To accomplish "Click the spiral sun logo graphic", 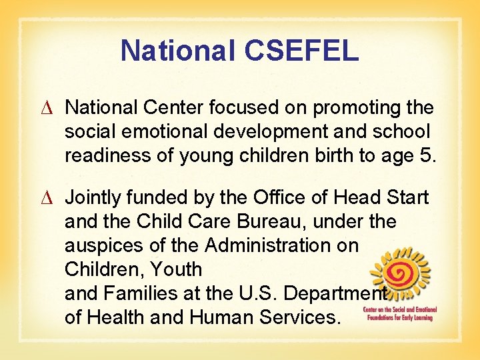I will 401,273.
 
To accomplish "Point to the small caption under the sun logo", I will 398,313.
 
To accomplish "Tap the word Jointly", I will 92,198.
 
